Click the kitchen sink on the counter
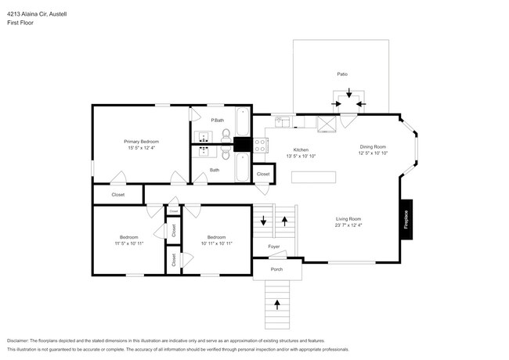(x=283, y=121)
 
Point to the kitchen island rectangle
(x=315, y=178)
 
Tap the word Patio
(x=342, y=74)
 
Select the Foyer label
(x=274, y=247)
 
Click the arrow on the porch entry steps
(x=276, y=304)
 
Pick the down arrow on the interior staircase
(x=263, y=222)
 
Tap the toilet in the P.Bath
(x=226, y=135)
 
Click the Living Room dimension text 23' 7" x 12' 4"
(x=348, y=226)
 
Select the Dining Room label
(x=373, y=146)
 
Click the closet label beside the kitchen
(x=263, y=174)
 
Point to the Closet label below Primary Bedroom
(x=118, y=193)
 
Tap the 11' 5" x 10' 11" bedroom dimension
(x=129, y=243)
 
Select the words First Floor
(x=21, y=23)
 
